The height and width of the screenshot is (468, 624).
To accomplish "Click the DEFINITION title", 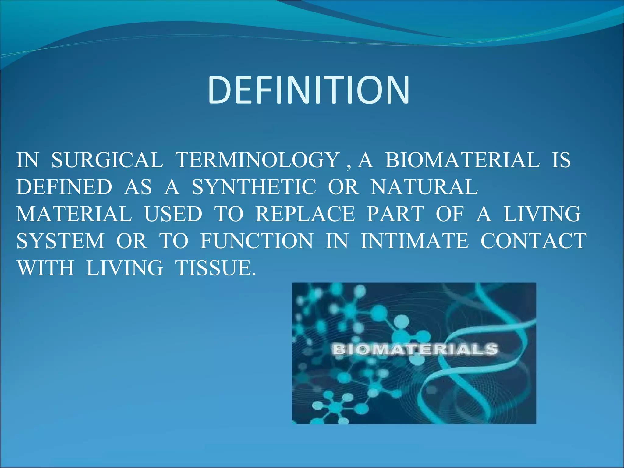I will (x=309, y=90).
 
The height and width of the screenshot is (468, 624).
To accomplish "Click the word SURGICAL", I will (x=107, y=160).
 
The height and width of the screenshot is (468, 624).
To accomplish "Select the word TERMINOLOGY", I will (x=258, y=160).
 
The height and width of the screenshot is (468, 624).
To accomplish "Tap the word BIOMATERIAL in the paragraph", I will (x=462, y=160).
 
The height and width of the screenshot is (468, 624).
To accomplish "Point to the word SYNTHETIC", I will (x=254, y=187).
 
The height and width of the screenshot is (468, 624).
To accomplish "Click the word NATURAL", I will (x=424, y=187).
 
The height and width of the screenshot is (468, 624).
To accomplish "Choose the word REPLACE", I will (x=305, y=214).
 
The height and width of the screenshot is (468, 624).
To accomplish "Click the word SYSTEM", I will (x=60, y=241).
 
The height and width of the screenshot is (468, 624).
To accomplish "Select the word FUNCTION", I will (x=257, y=241).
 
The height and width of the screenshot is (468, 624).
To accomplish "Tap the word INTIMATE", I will (x=414, y=241).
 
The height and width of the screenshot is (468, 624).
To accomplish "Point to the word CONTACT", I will (x=533, y=241).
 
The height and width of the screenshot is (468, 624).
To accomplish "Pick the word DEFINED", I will (x=64, y=187).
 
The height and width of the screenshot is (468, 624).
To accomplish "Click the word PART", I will (x=395, y=214).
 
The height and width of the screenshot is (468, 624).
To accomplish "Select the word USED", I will (x=173, y=214).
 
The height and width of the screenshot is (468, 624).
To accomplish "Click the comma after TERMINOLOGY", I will (x=349, y=166).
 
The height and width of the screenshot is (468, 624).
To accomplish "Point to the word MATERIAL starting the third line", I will (x=74, y=214).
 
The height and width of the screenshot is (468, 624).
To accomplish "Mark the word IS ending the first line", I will (x=561, y=160).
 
